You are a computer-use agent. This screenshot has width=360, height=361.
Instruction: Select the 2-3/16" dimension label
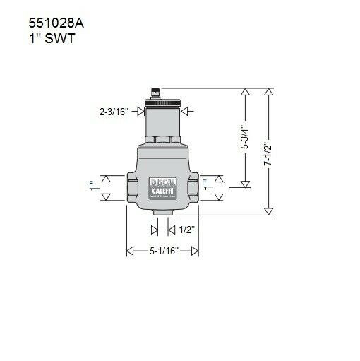[114, 111]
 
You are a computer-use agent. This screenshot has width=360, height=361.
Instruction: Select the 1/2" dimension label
[186, 230]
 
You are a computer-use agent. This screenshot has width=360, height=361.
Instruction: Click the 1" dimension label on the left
[91, 187]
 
